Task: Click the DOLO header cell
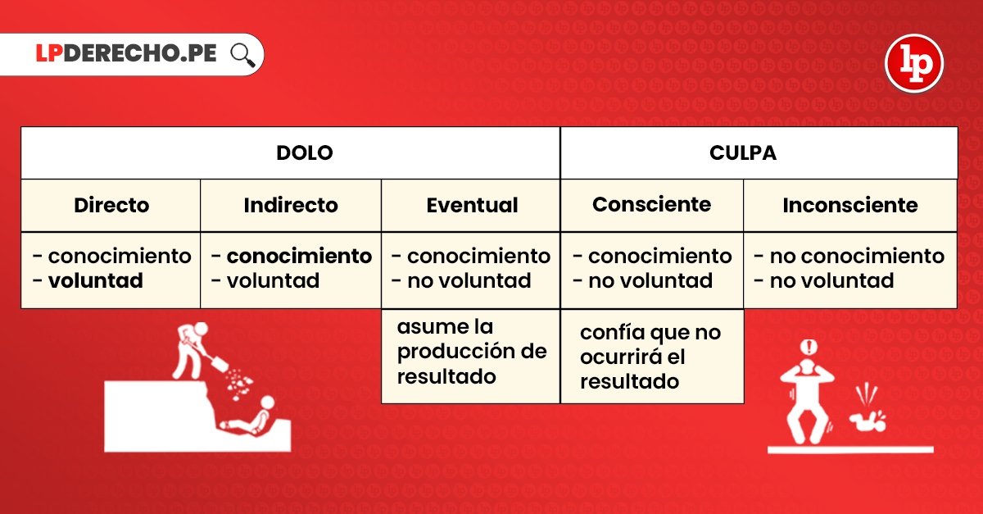pyautogui.click(x=291, y=152)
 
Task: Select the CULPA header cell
pyautogui.click(x=759, y=152)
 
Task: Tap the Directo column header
pyautogui.click(x=111, y=205)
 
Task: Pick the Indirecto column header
pyautogui.click(x=291, y=205)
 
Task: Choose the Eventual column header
pyautogui.click(x=471, y=205)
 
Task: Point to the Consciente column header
pyautogui.click(x=652, y=205)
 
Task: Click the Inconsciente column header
pyautogui.click(x=850, y=205)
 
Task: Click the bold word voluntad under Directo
pyautogui.click(x=96, y=280)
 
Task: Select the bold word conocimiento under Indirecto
pyautogui.click(x=299, y=256)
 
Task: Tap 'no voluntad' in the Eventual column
pyautogui.click(x=469, y=280)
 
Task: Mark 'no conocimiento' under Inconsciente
pyautogui.click(x=857, y=256)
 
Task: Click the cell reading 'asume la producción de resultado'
pyautogui.click(x=471, y=357)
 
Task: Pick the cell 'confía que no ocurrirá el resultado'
pyautogui.click(x=652, y=357)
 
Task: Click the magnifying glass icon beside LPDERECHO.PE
pyautogui.click(x=242, y=55)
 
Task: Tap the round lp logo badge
pyautogui.click(x=914, y=63)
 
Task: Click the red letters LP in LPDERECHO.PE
pyautogui.click(x=49, y=53)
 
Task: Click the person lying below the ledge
pyautogui.click(x=248, y=416)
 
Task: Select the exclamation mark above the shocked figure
pyautogui.click(x=809, y=347)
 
